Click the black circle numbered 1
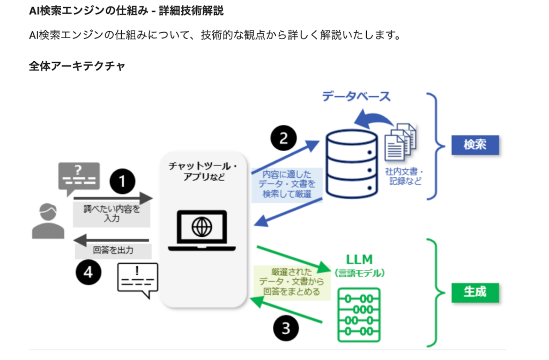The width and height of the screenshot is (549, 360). [123, 182]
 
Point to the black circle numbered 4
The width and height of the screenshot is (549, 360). [88, 273]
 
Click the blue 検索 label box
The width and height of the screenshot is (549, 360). [474, 145]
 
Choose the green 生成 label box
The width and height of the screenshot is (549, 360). [474, 292]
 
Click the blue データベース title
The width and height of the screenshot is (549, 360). [355, 96]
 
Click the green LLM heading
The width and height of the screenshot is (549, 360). [359, 260]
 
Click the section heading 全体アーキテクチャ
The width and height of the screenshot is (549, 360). [77, 66]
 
